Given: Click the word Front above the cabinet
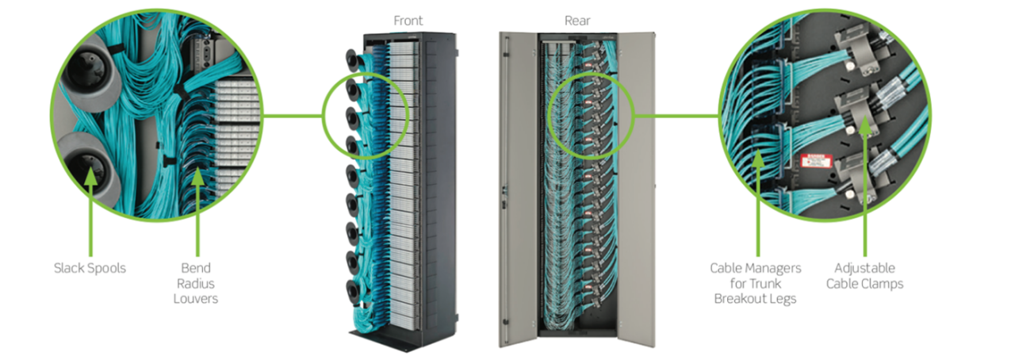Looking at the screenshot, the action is tap(408, 21).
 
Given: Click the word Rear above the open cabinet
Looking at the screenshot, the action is tap(577, 21).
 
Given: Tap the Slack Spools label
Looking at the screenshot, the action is tap(90, 268).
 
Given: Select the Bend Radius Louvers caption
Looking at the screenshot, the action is tap(196, 283).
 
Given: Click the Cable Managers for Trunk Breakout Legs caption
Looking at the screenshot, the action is tap(756, 283).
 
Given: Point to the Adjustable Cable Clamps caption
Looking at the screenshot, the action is tap(864, 276).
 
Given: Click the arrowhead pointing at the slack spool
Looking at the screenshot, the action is tap(90, 176).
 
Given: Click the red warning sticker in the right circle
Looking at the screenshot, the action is tap(816, 161).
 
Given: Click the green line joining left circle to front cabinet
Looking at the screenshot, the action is tap(293, 116).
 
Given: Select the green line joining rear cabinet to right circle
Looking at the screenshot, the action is tap(676, 116).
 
